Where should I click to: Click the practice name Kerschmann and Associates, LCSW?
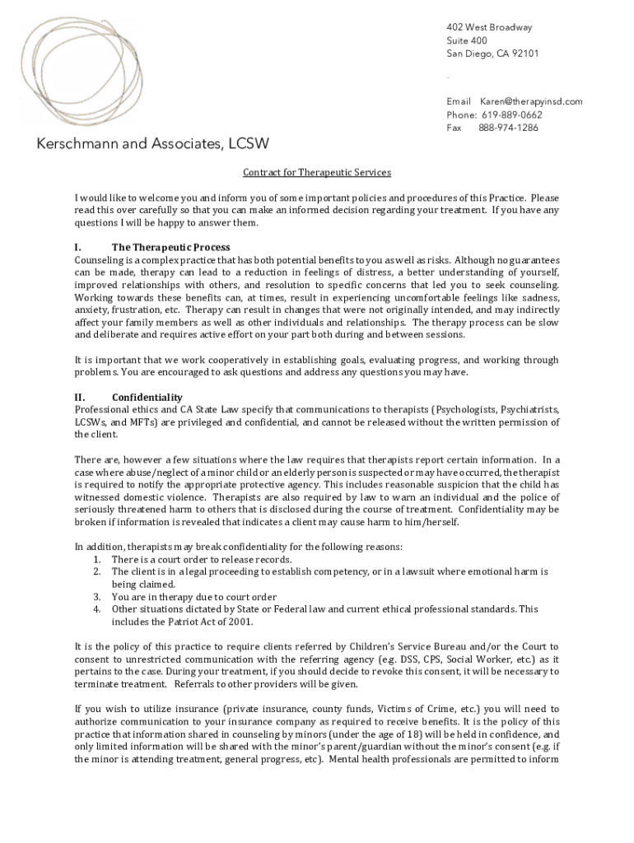tap(152, 145)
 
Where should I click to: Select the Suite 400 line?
tap(467, 40)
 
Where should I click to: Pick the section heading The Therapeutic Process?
tap(170, 247)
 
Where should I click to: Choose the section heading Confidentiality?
tap(147, 398)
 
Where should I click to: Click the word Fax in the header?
tap(454, 128)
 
